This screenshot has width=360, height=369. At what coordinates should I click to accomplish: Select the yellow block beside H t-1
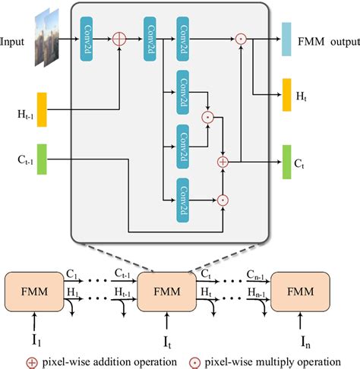click(x=42, y=109)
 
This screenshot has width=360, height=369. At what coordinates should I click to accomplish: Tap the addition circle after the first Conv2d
click(x=118, y=37)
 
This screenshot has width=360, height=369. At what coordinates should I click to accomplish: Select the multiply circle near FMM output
click(x=241, y=37)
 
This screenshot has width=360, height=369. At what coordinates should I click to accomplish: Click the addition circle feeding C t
click(x=223, y=161)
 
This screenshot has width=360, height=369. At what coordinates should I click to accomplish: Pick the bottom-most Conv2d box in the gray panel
click(x=184, y=199)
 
